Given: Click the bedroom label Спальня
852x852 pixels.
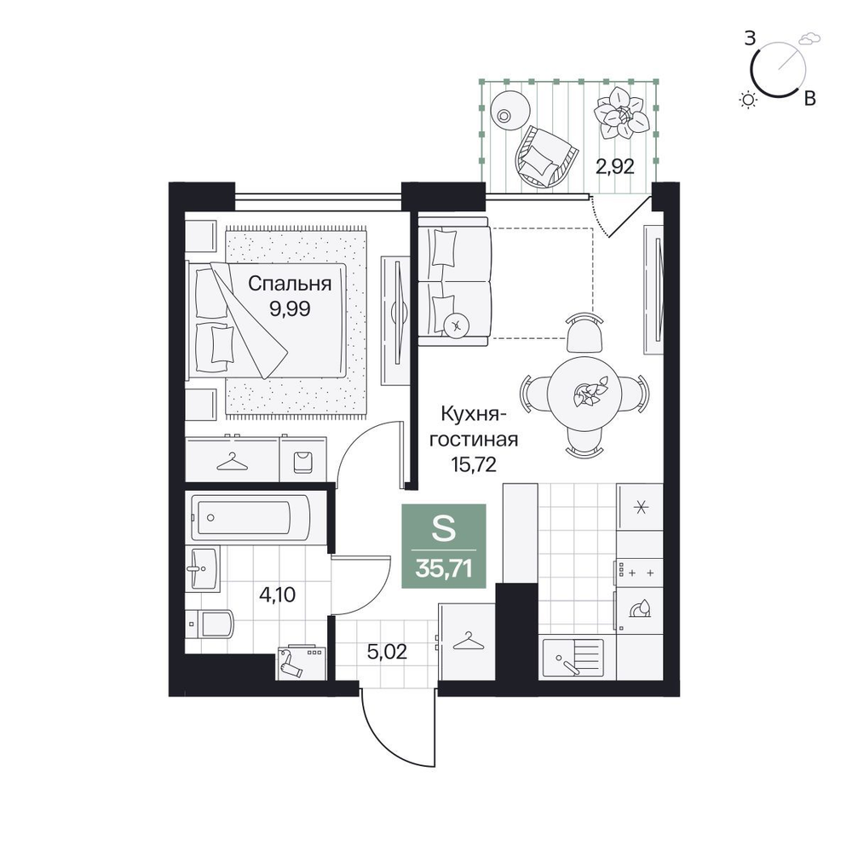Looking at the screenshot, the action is pos(290,285).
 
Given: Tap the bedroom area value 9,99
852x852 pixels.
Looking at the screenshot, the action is pos(290,308).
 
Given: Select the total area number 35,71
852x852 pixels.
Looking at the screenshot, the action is pos(443,569).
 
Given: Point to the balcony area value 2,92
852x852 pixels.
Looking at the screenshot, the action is pos(615,166).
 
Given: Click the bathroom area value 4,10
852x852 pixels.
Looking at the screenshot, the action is pos(277,595).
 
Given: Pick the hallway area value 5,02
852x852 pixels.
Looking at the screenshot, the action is pos(387,652).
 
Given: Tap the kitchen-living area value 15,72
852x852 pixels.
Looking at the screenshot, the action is pos(473,464).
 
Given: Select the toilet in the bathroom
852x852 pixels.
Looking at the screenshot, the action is pos(210,624).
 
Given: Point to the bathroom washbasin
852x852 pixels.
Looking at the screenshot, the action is pos(202,569).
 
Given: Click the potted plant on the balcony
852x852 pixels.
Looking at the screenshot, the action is pos(621,113).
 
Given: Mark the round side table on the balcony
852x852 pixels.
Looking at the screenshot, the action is pos(509,109).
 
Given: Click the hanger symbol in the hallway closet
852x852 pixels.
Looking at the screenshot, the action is pos(467,642).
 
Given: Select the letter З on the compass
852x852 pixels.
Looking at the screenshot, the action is pos(750,38).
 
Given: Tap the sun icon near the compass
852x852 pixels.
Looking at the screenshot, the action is pos(749,100).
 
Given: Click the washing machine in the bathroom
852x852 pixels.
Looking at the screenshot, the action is pos(302,663).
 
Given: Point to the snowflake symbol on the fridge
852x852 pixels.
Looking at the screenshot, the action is pos(642,508).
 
